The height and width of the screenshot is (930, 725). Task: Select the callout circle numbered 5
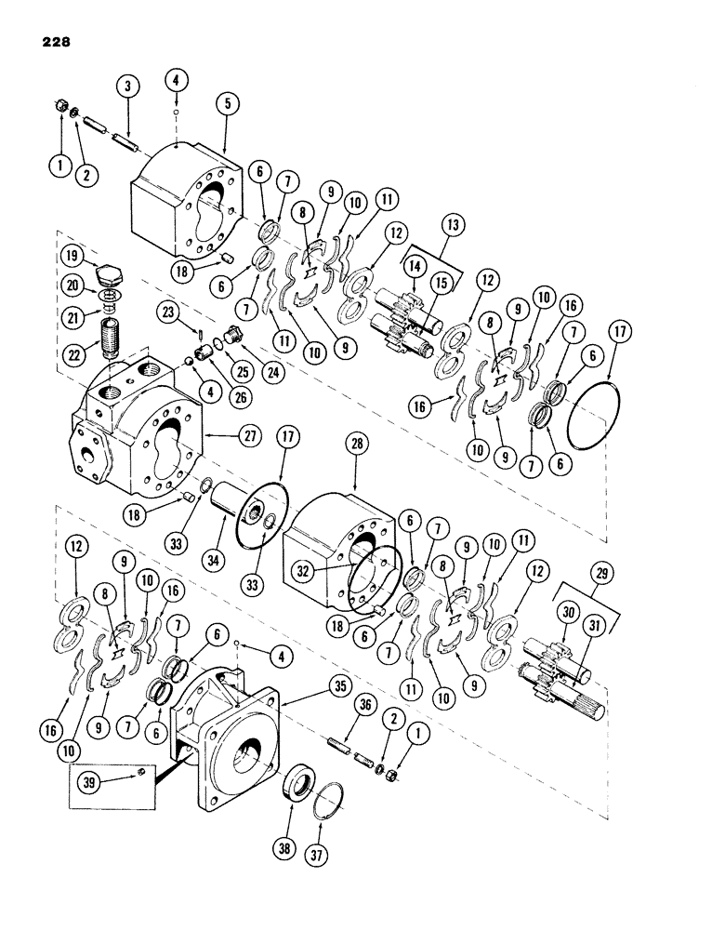tap(224, 103)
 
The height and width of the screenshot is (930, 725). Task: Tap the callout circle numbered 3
tap(128, 86)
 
